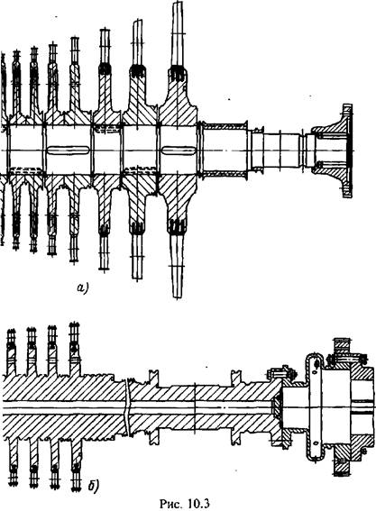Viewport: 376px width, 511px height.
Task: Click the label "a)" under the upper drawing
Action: point(82,287)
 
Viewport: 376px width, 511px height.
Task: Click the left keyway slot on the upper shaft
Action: point(69,151)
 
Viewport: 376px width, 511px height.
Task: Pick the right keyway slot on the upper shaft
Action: point(179,151)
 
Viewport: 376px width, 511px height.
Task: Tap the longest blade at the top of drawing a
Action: point(178,34)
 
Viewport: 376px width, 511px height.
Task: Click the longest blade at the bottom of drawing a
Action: point(178,265)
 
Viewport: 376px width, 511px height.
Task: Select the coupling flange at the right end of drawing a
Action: point(335,151)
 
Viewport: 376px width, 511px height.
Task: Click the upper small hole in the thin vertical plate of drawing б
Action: point(315,372)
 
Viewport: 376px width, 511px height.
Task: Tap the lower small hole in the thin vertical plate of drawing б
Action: point(315,443)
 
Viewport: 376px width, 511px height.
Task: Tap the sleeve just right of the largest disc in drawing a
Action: point(225,151)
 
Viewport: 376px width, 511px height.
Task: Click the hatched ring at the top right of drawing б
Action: point(342,346)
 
